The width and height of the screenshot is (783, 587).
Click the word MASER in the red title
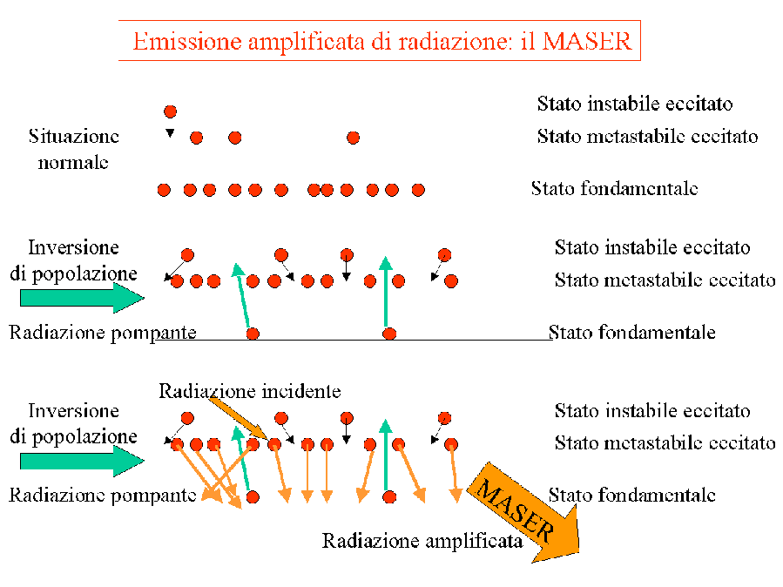click(587, 42)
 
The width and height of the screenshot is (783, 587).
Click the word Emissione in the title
click(187, 42)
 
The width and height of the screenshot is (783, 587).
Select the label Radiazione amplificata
click(422, 541)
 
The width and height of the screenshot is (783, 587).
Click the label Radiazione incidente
click(250, 391)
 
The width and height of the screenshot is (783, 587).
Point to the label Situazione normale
click(73, 149)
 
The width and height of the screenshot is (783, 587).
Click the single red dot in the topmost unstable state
click(171, 111)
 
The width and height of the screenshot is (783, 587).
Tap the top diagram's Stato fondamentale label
click(614, 189)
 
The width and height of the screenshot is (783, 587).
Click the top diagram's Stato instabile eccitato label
click(635, 104)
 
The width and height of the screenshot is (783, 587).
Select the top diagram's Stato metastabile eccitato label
click(647, 136)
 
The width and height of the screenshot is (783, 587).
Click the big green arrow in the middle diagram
click(82, 298)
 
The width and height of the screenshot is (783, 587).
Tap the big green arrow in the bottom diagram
click(82, 461)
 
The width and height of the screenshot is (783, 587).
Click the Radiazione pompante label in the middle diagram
click(103, 333)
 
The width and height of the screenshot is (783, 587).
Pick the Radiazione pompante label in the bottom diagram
click(103, 496)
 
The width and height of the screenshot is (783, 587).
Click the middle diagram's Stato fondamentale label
click(631, 333)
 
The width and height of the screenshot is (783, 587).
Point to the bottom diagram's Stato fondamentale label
click(631, 496)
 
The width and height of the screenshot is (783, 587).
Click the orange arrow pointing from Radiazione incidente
click(239, 418)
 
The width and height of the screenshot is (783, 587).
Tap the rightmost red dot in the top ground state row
click(418, 190)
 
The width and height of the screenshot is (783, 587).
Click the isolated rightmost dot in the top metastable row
click(353, 138)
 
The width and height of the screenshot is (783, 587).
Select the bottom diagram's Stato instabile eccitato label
click(652, 411)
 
